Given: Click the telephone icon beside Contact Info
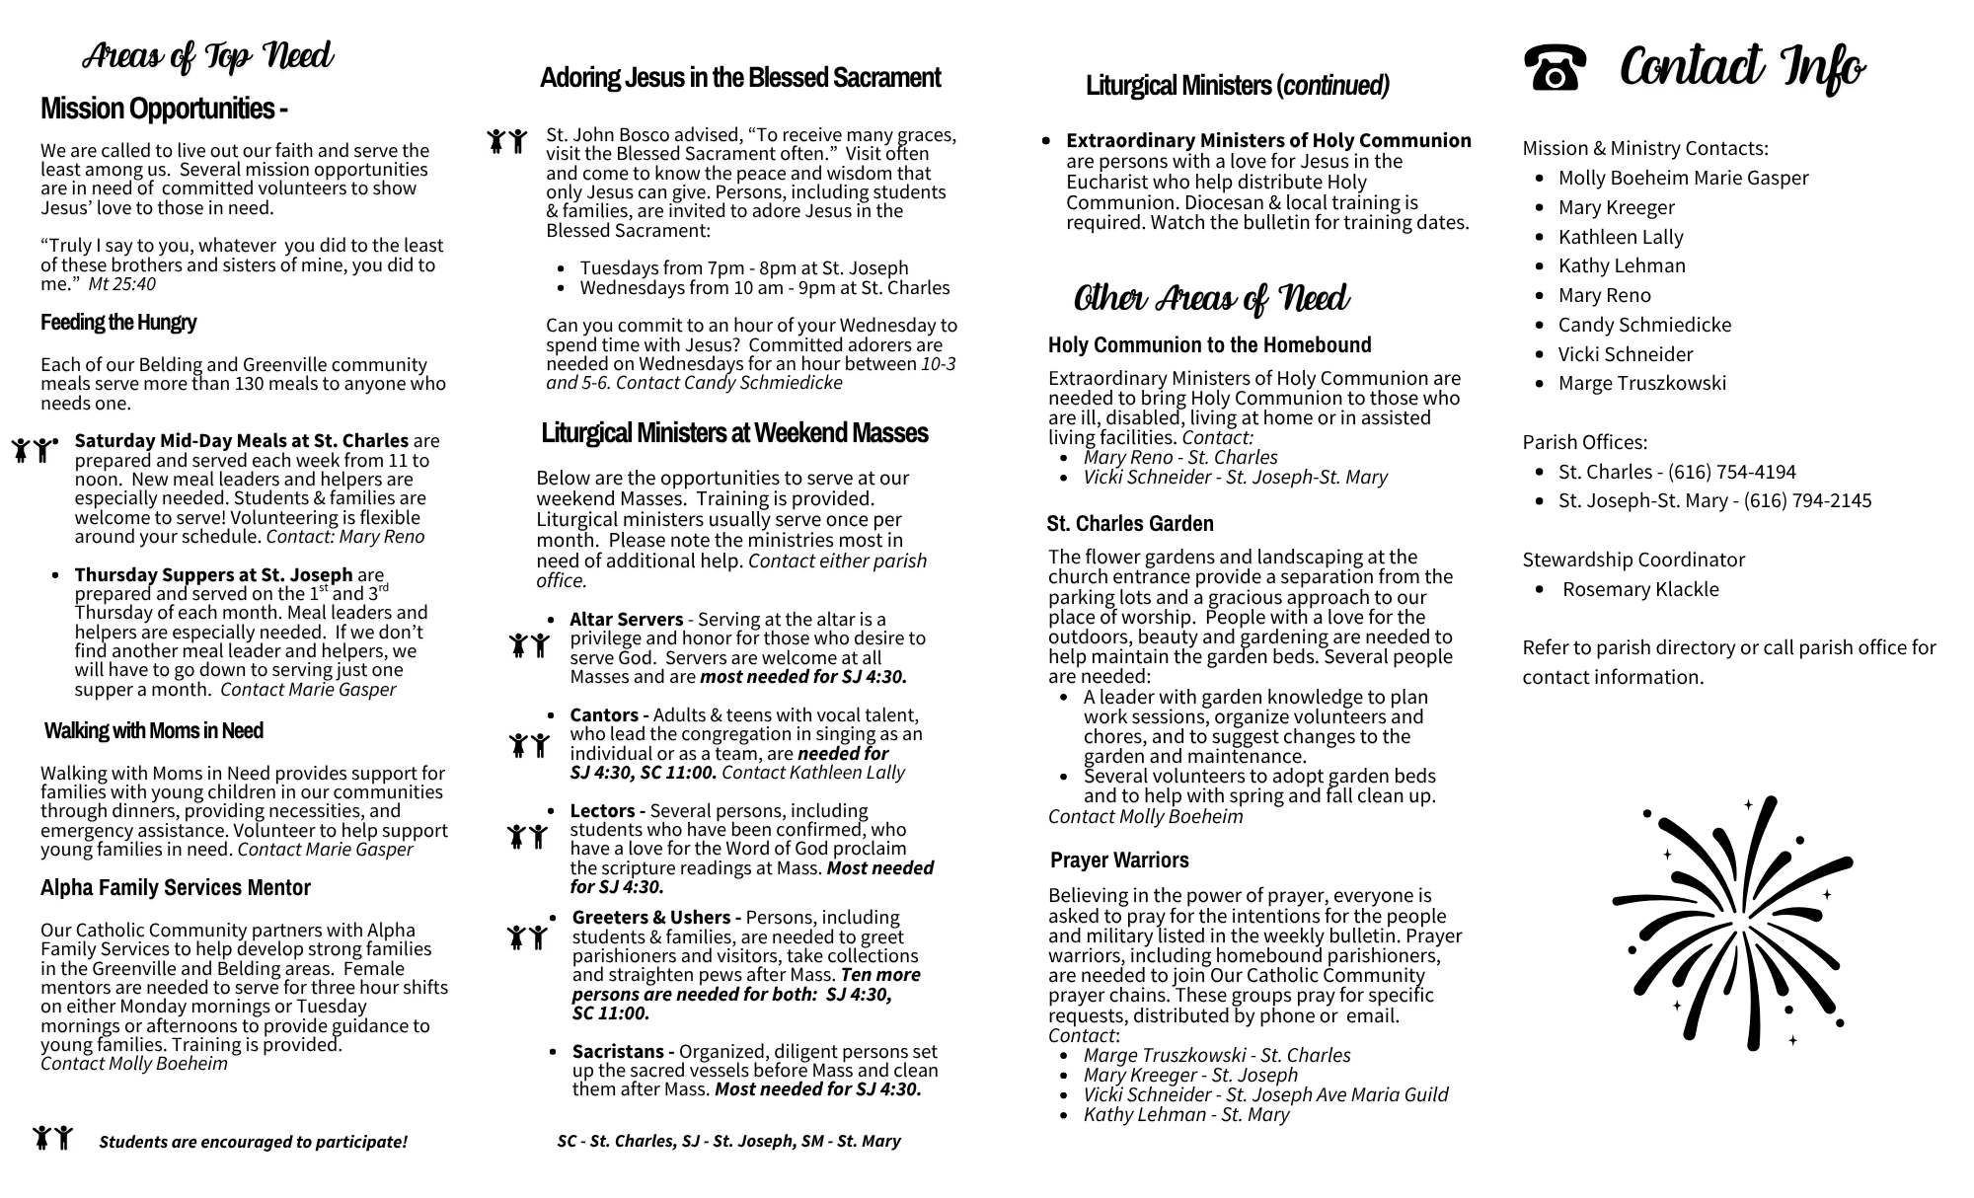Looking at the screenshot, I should coord(1555,67).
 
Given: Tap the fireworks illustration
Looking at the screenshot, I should coord(1732,923).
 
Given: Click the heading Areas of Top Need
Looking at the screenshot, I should coord(207,56).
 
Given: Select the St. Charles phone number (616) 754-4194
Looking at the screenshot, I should coord(1731,472).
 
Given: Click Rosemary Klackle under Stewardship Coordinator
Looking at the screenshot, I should coord(1639,589).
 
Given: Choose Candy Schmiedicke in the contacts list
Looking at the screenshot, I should coord(1644,325).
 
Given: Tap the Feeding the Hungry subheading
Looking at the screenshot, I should coord(118,323).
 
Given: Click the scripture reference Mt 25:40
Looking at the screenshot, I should coord(122,284).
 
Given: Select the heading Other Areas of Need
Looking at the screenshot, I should coord(1211,298).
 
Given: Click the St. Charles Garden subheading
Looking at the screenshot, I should coord(1130,523).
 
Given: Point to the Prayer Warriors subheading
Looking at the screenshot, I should coord(1119,860).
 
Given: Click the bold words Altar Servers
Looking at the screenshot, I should coord(626,620).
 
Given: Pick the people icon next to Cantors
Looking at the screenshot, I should coord(528,745).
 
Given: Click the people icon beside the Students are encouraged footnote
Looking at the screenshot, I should coord(53,1138).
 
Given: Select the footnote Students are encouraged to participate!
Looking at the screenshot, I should coord(253,1142).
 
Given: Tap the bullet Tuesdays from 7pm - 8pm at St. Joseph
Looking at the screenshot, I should coord(743,268).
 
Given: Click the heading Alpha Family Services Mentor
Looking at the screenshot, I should coord(176,888).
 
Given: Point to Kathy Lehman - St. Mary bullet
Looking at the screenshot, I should coord(1185,1114).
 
